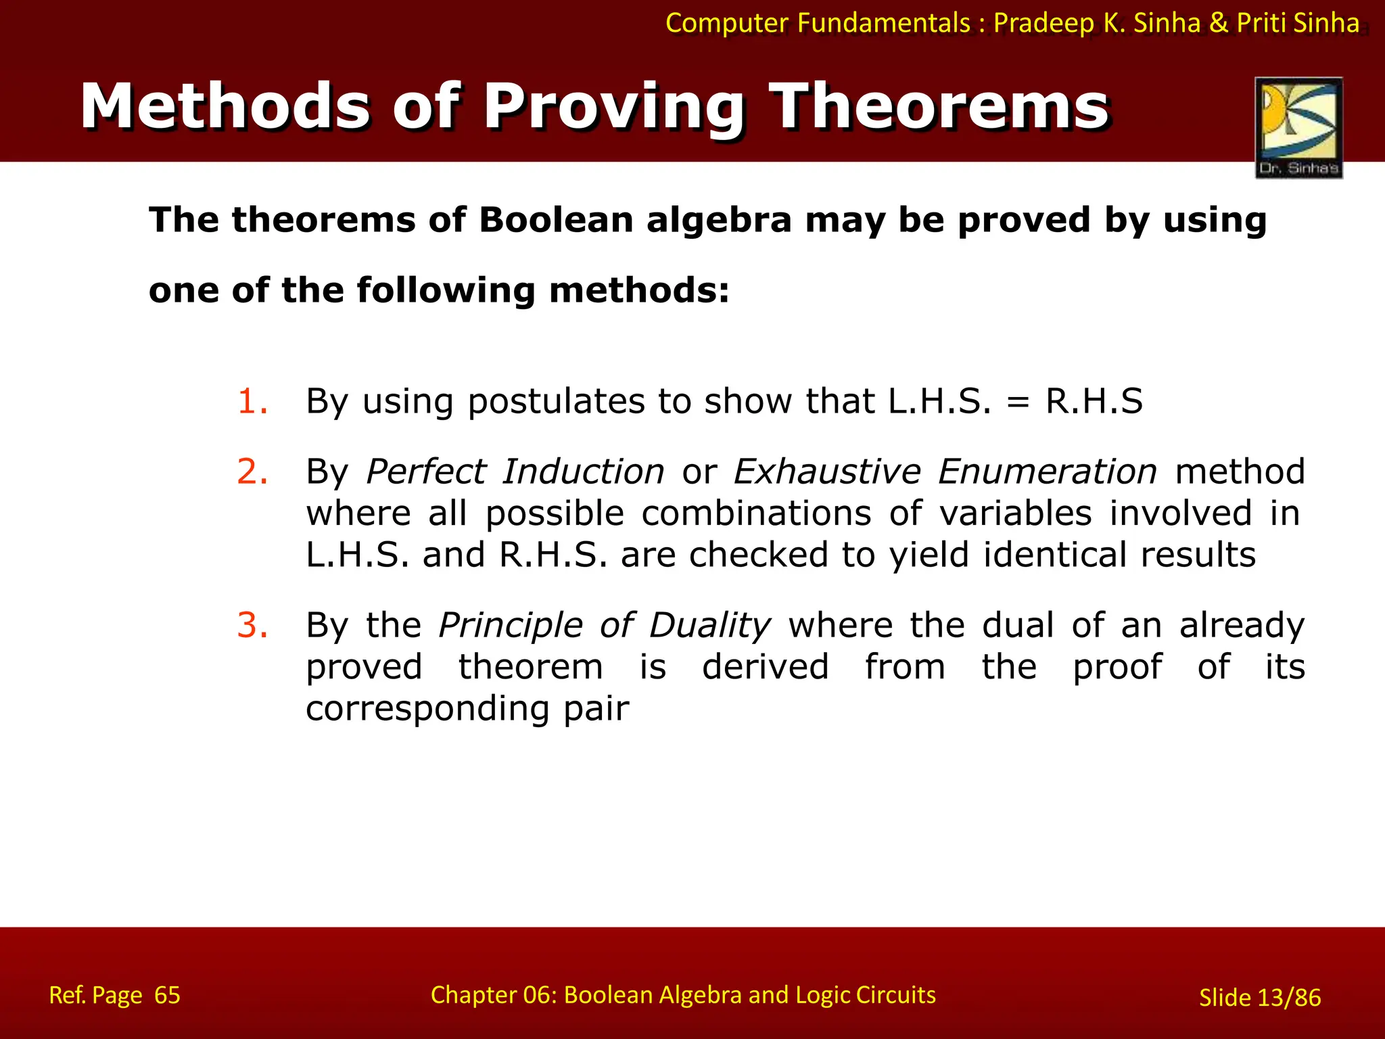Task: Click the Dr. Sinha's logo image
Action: point(1298,127)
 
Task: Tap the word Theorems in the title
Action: point(941,107)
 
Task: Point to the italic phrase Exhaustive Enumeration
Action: point(945,471)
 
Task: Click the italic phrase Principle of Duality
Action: point(605,625)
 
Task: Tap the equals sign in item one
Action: point(1018,402)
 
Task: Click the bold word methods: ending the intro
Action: point(639,290)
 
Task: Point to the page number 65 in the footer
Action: point(167,995)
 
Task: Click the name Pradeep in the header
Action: point(1043,23)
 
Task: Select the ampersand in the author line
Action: point(1218,23)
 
